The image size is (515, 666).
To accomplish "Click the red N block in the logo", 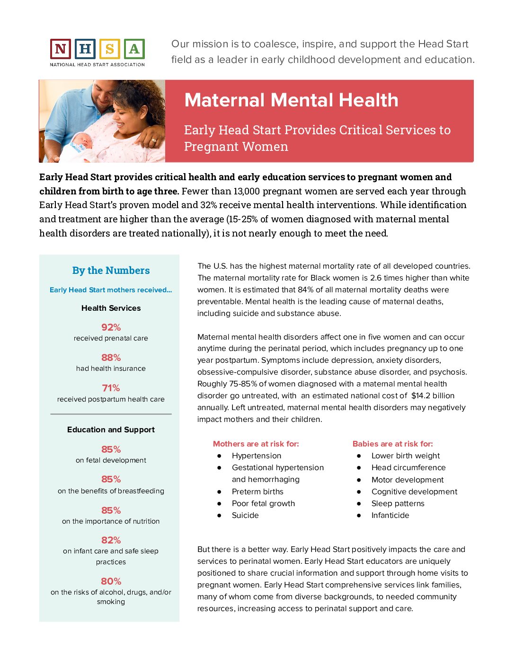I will (61, 49).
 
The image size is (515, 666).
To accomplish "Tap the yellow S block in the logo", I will (109, 49).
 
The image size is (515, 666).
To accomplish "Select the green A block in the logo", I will (134, 49).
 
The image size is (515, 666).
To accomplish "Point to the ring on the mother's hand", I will (153, 140).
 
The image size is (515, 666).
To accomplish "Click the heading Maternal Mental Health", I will (291, 100).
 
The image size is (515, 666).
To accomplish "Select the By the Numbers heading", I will (111, 271).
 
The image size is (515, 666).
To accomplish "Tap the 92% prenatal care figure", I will (111, 327).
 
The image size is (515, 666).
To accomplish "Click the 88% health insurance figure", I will (111, 358).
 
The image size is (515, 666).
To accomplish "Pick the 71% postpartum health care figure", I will (111, 388).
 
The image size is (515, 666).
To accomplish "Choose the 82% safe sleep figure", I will (111, 540).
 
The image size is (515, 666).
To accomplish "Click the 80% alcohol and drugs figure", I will (111, 581).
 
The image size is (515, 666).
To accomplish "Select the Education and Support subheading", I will (111, 429).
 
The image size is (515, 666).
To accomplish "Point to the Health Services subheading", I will (111, 308).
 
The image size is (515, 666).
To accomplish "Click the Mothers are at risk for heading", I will (256, 444).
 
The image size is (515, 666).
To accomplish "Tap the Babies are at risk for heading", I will (392, 444).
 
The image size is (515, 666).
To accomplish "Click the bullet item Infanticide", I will (390, 515).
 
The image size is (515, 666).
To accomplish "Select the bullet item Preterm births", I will (257, 491).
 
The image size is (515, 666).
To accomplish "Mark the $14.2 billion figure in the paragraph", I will (433, 395).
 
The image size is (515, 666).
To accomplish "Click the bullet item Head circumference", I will (408, 467).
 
